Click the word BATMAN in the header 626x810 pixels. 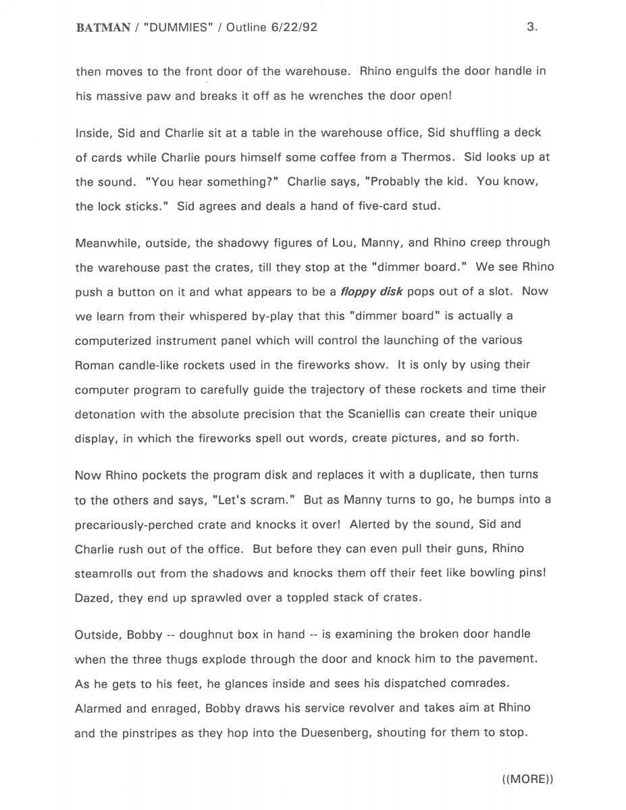click(103, 28)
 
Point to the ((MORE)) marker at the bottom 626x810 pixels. click(527, 779)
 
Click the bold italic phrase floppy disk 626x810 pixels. click(371, 292)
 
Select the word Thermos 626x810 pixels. click(429, 157)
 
